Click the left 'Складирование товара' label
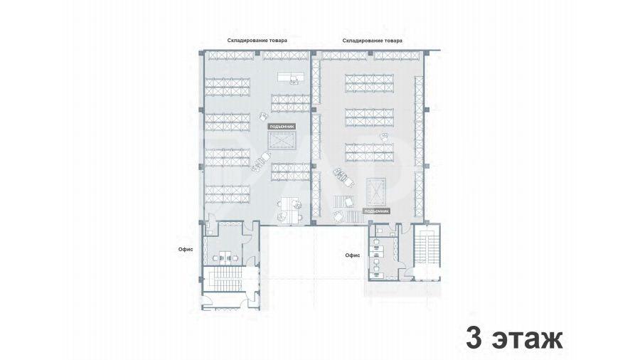(x=257, y=41)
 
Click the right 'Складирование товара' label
(x=372, y=41)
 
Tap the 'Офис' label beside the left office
(x=186, y=250)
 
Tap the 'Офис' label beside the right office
(x=353, y=255)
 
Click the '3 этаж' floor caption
(x=514, y=338)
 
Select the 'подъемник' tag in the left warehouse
(x=282, y=127)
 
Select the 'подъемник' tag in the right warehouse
(x=376, y=211)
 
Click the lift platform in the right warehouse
(x=376, y=192)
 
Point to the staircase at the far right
(x=427, y=249)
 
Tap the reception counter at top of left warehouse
(x=291, y=77)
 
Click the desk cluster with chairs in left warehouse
(x=290, y=210)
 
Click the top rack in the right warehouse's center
(x=369, y=83)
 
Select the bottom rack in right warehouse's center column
(x=369, y=152)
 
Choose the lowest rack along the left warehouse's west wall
(x=228, y=194)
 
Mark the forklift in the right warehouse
(x=343, y=176)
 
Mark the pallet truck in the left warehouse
(x=261, y=162)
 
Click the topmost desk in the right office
(x=375, y=243)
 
